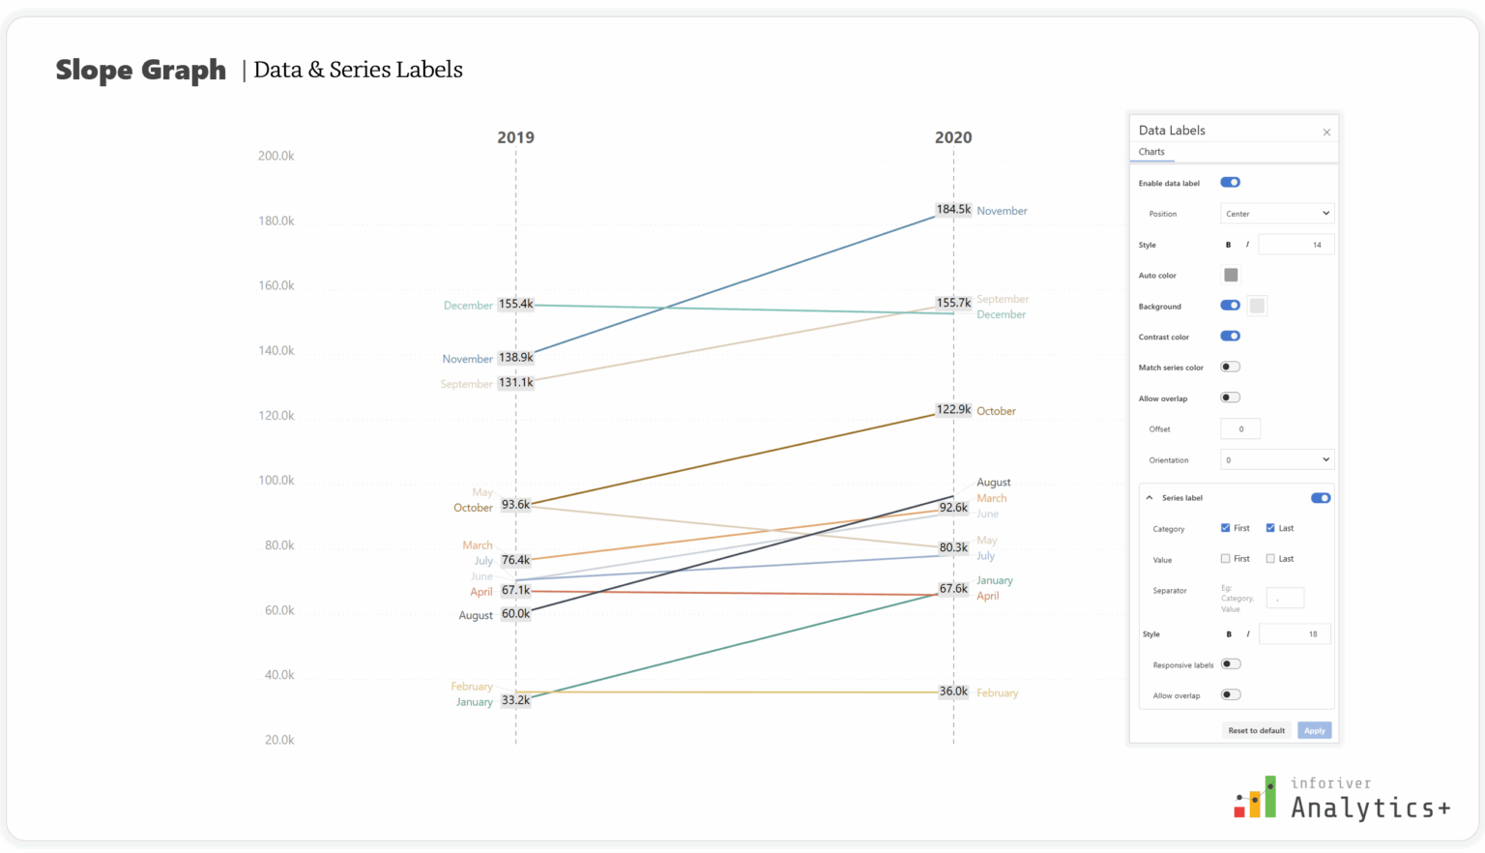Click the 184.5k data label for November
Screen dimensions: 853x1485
point(952,209)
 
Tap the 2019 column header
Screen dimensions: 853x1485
point(515,137)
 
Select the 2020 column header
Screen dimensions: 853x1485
point(952,137)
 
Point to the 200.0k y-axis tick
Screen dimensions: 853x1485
point(276,156)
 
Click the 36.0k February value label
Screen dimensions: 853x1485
point(952,691)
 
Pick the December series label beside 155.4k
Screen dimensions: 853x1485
point(468,306)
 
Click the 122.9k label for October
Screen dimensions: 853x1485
point(952,410)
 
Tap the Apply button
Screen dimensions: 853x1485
point(1314,731)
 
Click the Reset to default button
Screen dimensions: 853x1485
point(1256,731)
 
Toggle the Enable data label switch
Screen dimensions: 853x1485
point(1230,183)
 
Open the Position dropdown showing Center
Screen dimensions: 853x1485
point(1277,214)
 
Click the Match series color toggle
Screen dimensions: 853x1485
point(1230,368)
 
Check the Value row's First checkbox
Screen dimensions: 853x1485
point(1226,559)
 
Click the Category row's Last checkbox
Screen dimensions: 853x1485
point(1270,528)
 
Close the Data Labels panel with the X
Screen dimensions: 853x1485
point(1326,132)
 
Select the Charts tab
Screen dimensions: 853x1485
point(1151,152)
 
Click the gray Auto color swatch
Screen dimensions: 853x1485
point(1231,276)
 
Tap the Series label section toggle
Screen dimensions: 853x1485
point(1321,498)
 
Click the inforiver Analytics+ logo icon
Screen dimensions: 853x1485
point(1255,798)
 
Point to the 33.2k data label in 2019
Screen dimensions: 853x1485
point(515,700)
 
